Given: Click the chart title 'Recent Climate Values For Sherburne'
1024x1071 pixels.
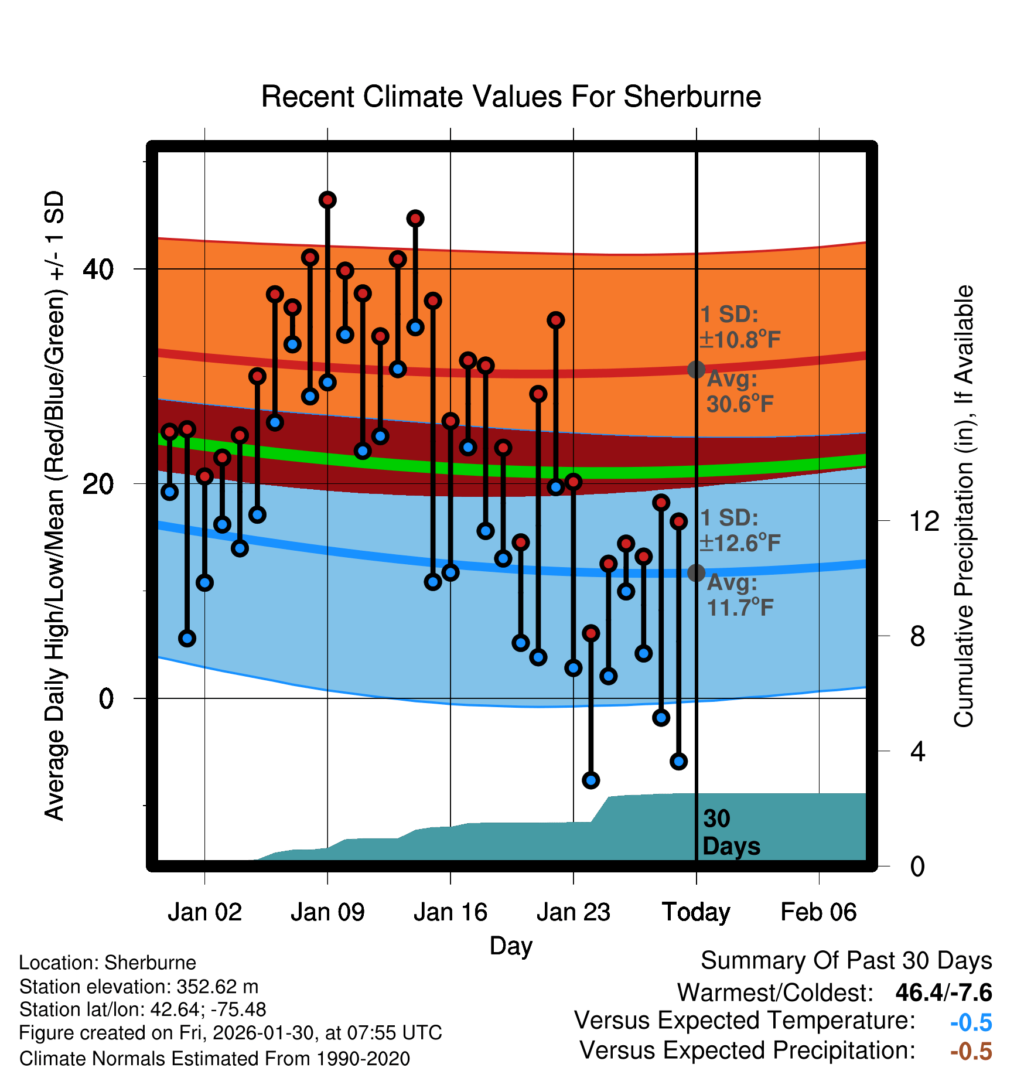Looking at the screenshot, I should point(511,97).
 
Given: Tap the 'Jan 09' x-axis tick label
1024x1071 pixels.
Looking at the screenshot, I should point(327,912).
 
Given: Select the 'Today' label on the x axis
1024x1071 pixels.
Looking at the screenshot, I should point(696,912).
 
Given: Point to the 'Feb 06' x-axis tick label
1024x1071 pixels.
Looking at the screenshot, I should point(818,912).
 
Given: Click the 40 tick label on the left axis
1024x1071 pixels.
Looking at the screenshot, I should point(98,270).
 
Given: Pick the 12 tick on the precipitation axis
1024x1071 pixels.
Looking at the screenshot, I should point(924,521).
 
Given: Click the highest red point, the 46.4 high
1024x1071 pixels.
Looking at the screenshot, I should point(327,200).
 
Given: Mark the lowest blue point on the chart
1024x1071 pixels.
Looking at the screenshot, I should point(590,780).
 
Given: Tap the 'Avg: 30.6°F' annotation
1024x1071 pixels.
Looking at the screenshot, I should point(739,391).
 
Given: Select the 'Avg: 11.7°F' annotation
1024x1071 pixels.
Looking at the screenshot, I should point(739,595).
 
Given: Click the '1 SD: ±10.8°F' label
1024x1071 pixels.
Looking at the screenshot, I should point(739,327).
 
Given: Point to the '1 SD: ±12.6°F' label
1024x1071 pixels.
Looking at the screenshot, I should point(739,530).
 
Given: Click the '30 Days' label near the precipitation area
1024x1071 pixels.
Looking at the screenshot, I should point(731,833).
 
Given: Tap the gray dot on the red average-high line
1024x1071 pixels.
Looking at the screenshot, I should point(696,370).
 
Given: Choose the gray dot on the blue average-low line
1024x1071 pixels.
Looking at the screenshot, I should point(696,572).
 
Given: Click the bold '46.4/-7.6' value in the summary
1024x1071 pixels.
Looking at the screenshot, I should point(944,992).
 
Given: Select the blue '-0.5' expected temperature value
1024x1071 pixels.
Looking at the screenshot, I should point(971,1022).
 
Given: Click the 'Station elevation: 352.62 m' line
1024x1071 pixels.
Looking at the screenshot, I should point(139,987).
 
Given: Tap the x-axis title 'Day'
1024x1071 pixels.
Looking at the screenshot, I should point(511,946).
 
